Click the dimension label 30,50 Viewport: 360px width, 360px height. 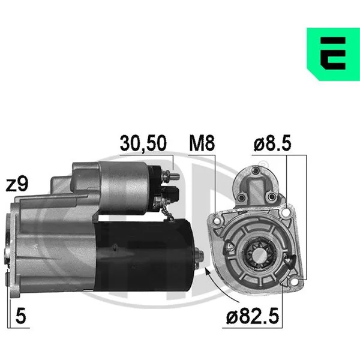point(143,143)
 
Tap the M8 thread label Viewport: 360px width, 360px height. point(202,143)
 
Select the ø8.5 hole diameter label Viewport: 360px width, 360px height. point(272,143)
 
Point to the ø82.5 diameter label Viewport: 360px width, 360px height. point(253,316)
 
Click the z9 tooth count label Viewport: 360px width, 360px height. point(17,184)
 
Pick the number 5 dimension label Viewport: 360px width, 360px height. point(20,316)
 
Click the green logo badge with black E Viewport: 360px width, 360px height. point(334,54)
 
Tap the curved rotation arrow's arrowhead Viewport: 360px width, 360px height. point(208,272)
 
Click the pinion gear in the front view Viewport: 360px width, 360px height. point(259,254)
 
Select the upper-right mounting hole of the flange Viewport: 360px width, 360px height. point(286,212)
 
